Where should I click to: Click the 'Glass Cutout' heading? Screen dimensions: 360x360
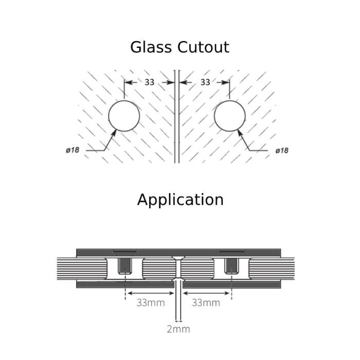[179, 47]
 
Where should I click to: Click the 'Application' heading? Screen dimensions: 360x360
[180, 200]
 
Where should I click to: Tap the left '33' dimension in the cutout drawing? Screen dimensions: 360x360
[149, 82]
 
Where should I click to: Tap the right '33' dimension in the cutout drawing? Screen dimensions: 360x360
[205, 82]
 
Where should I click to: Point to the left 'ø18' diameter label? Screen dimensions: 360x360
[73, 150]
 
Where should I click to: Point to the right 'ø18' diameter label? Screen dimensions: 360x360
[282, 150]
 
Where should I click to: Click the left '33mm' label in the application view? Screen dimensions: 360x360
[151, 302]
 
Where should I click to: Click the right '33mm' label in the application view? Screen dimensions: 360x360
[206, 302]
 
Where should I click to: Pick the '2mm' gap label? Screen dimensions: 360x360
[178, 329]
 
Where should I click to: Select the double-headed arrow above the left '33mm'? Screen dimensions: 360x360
[151, 293]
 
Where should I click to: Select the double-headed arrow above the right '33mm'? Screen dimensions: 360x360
[206, 293]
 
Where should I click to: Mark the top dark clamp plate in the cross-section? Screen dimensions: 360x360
[178, 253]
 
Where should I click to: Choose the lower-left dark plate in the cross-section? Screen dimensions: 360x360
[125, 284]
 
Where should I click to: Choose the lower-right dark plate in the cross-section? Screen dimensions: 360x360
[231, 284]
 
